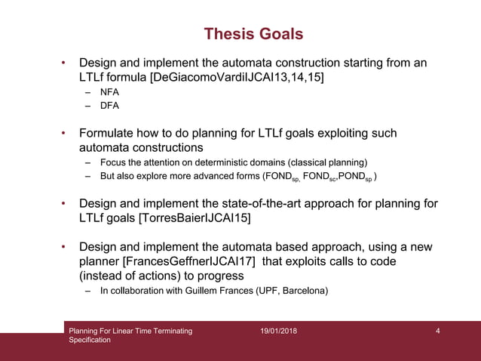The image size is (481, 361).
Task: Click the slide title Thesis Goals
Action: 253,34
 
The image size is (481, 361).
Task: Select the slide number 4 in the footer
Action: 438,331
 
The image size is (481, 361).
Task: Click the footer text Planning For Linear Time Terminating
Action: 130,331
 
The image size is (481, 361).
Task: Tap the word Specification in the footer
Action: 90,340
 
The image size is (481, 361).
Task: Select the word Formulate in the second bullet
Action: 108,134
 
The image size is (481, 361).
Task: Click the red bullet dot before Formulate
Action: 64,134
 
